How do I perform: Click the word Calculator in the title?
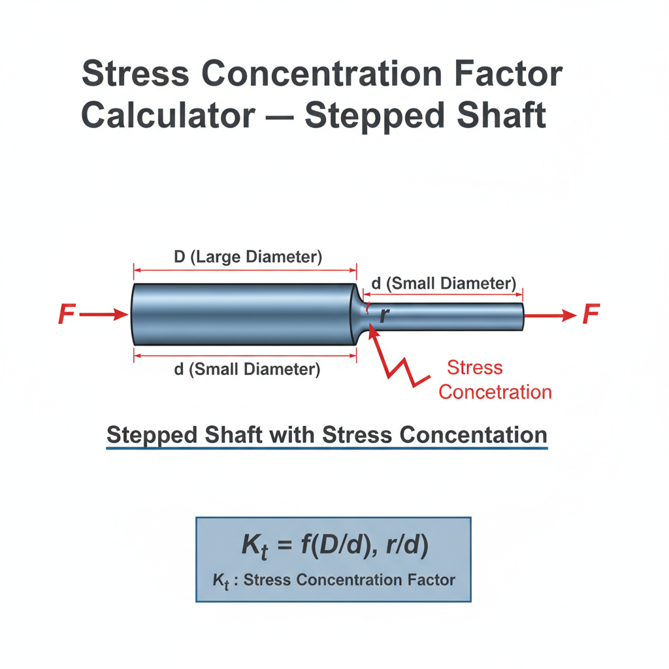168,115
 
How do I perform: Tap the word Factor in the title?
508,73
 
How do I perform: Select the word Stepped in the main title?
374,116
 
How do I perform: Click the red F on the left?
67,314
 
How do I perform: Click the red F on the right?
591,314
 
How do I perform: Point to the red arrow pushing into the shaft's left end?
104,315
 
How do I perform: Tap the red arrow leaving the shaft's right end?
550,316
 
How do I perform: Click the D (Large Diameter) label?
248,257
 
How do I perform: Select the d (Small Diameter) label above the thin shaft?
444,284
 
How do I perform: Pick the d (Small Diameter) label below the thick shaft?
247,369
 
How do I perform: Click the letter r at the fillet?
384,315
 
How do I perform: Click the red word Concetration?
495,392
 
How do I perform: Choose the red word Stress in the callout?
475,367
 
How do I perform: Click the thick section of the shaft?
244,314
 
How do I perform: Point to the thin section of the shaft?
444,317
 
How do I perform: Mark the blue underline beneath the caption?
327,448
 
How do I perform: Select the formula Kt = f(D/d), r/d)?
335,546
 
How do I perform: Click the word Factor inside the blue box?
431,580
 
